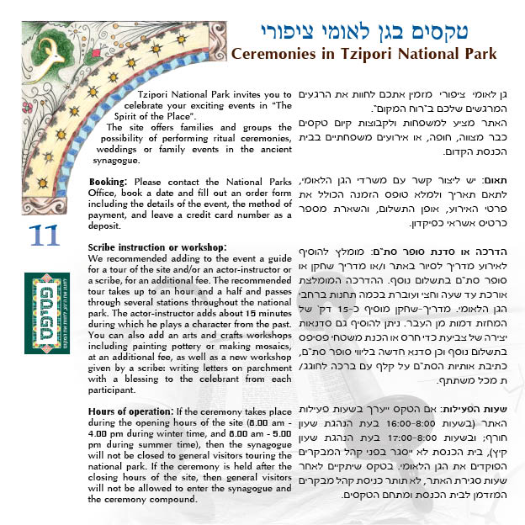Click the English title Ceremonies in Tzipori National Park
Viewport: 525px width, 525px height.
tap(363, 54)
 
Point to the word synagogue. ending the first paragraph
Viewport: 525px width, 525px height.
tap(118, 160)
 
